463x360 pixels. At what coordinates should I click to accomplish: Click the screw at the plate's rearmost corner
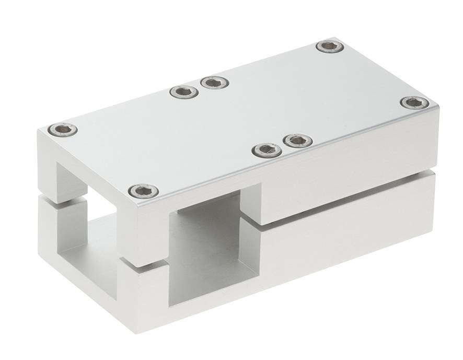[330, 47]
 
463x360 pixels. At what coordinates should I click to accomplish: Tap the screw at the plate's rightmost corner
[414, 102]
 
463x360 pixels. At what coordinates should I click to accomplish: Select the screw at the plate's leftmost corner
[63, 129]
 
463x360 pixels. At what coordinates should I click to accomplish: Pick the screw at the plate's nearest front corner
[143, 191]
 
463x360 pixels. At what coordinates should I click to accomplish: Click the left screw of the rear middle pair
[184, 92]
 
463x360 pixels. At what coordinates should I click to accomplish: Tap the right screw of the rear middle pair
[214, 82]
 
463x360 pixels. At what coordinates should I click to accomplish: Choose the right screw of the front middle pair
[298, 140]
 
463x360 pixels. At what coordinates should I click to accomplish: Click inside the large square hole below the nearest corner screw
[209, 246]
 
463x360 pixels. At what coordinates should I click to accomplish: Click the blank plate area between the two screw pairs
[240, 115]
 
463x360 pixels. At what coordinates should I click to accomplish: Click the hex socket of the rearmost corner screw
[330, 47]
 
